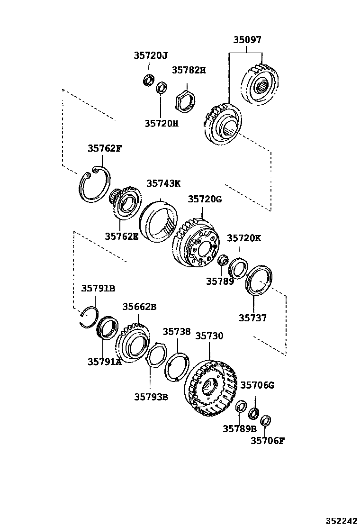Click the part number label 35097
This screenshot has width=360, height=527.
(x=247, y=40)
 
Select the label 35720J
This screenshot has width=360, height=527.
(x=150, y=56)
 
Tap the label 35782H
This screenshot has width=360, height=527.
(x=189, y=70)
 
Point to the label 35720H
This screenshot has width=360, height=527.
(x=162, y=124)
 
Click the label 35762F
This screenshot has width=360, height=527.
(x=104, y=149)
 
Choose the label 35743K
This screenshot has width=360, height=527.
(x=163, y=184)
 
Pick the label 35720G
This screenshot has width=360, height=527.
(x=205, y=200)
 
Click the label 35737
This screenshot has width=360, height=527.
(x=252, y=318)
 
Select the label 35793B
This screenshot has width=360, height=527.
(x=151, y=397)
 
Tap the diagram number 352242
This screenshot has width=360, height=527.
(x=341, y=520)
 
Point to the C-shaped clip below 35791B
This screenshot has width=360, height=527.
(x=88, y=317)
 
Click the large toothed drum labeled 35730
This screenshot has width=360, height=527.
(x=210, y=389)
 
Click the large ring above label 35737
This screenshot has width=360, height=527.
(x=259, y=282)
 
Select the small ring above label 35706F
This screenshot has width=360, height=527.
(x=266, y=420)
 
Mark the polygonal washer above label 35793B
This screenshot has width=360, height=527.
(x=155, y=360)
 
